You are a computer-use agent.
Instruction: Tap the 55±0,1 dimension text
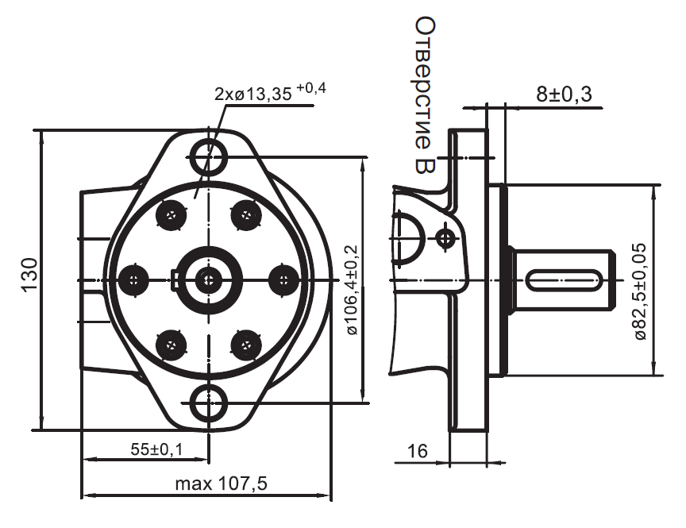(x=156, y=449)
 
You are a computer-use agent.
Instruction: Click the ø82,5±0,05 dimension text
(x=640, y=291)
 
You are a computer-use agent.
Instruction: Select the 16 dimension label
(x=417, y=451)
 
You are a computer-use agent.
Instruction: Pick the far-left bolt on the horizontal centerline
(x=135, y=279)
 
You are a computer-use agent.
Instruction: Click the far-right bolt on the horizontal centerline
(x=283, y=279)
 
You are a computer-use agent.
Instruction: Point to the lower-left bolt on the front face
(x=172, y=343)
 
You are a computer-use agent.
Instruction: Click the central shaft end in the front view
(x=209, y=278)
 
